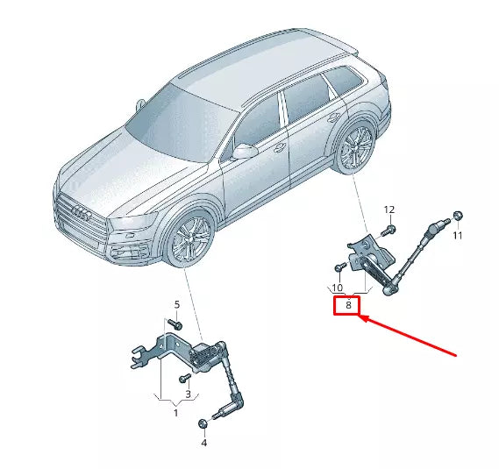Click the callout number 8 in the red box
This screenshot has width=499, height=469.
pos(348,305)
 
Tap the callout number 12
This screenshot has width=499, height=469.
pos(389,210)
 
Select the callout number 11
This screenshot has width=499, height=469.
pos(456,236)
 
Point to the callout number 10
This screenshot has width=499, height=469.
pos(337,288)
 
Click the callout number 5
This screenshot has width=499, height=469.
pos(176,305)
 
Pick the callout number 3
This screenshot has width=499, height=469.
pos(187,394)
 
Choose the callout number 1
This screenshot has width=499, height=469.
pos(175,412)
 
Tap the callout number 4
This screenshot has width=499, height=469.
pos(203,444)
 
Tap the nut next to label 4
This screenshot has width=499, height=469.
pos(203,425)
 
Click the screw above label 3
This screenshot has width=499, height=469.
pos(186,378)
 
